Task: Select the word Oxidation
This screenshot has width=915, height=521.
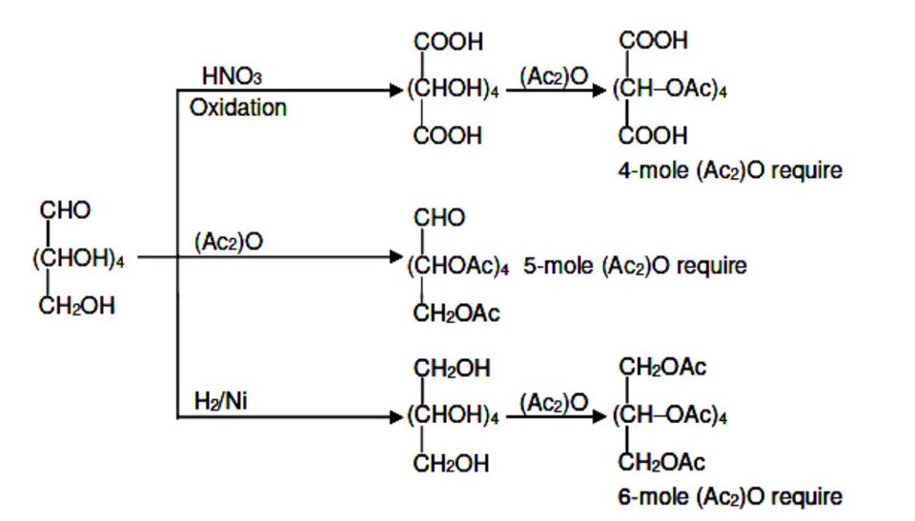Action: pos(238,108)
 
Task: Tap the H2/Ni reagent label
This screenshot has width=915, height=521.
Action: pos(220,402)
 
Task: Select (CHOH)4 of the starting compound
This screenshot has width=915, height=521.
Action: pos(80,258)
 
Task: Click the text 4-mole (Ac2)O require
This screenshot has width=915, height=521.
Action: pos(729,171)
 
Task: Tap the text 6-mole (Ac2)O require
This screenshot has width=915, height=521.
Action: pos(729,496)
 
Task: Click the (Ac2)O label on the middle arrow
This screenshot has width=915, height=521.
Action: pos(229,243)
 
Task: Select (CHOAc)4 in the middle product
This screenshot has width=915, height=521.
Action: pos(458,267)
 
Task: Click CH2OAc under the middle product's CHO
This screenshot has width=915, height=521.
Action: pos(457,313)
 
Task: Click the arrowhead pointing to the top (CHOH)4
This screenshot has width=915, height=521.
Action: pos(397,90)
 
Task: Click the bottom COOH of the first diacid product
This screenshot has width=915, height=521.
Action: pos(448,136)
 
